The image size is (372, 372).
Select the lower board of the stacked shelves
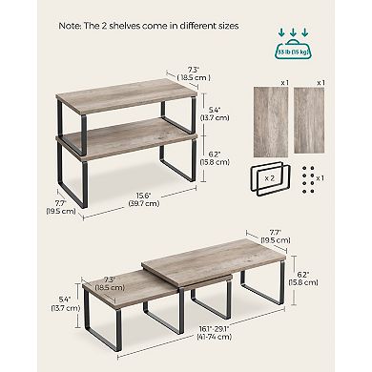(124, 140)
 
